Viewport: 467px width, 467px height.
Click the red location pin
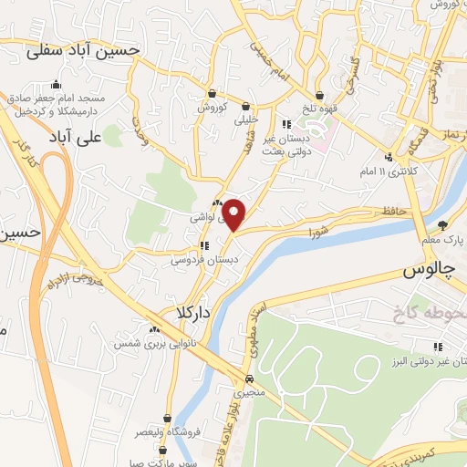(x=235, y=214)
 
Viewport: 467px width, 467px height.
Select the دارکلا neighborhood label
(x=182, y=311)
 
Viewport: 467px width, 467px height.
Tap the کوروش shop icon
(x=212, y=93)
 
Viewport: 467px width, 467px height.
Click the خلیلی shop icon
(x=247, y=106)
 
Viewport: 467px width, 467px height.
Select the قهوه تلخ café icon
(x=319, y=95)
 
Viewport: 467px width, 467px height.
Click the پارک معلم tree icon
(x=443, y=225)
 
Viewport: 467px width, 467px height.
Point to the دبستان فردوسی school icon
(x=206, y=245)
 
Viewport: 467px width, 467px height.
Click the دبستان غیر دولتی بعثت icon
(x=285, y=125)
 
